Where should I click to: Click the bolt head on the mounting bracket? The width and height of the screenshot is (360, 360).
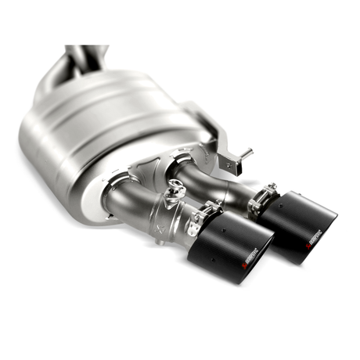pyautogui.click(x=229, y=164)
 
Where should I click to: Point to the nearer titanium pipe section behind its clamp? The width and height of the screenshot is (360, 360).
pyautogui.click(x=157, y=215)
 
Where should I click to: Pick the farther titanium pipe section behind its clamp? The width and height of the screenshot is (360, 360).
pyautogui.click(x=227, y=188)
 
